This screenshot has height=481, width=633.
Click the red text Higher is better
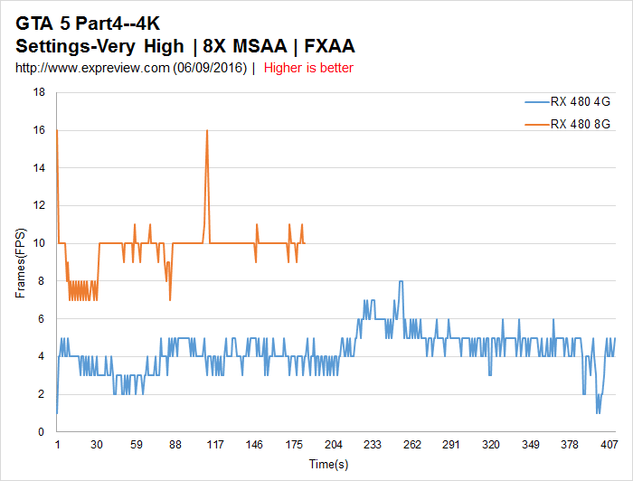click(308, 68)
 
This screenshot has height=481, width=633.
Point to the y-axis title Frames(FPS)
click(21, 262)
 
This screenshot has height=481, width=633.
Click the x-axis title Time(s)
click(328, 464)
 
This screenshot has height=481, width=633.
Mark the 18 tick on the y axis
click(39, 92)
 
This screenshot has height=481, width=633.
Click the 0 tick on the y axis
click(42, 432)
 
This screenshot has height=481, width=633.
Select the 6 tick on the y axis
click(42, 318)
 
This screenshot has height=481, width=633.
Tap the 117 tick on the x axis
click(215, 445)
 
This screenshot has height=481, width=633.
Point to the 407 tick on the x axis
click(609, 445)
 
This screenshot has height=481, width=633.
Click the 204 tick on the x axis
click(334, 445)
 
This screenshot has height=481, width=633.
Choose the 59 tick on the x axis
click(137, 445)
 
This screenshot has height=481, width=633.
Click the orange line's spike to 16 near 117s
click(207, 131)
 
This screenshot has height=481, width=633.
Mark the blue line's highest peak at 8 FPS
click(400, 281)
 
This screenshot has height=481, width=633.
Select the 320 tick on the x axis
click(491, 445)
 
